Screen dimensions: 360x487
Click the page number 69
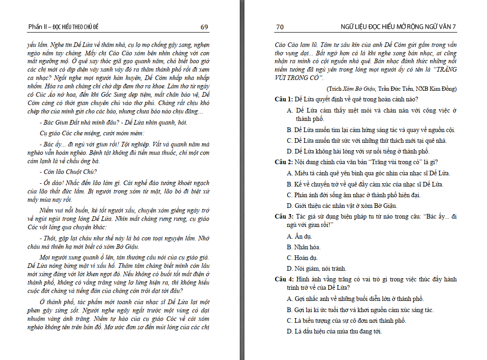coord(204,27)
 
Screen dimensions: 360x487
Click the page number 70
coord(280,27)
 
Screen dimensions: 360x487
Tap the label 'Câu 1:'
coord(284,99)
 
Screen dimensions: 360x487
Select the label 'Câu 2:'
coord(284,162)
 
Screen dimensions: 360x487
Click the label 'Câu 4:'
coord(284,279)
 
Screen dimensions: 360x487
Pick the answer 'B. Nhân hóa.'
coord(304,247)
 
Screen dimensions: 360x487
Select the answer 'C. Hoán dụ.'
coord(302,258)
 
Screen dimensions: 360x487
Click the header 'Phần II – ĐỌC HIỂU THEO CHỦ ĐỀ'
coord(63,27)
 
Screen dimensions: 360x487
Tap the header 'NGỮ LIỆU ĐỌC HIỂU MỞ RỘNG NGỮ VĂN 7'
coord(399,27)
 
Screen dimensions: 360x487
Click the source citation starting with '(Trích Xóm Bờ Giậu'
coord(389,89)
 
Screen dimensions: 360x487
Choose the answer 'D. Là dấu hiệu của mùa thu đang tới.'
coord(334,332)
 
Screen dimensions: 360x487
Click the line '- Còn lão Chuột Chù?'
coord(68,172)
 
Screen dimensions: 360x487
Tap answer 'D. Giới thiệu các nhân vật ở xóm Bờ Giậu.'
coord(342,206)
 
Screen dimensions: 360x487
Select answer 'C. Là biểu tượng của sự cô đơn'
coord(346,320)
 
